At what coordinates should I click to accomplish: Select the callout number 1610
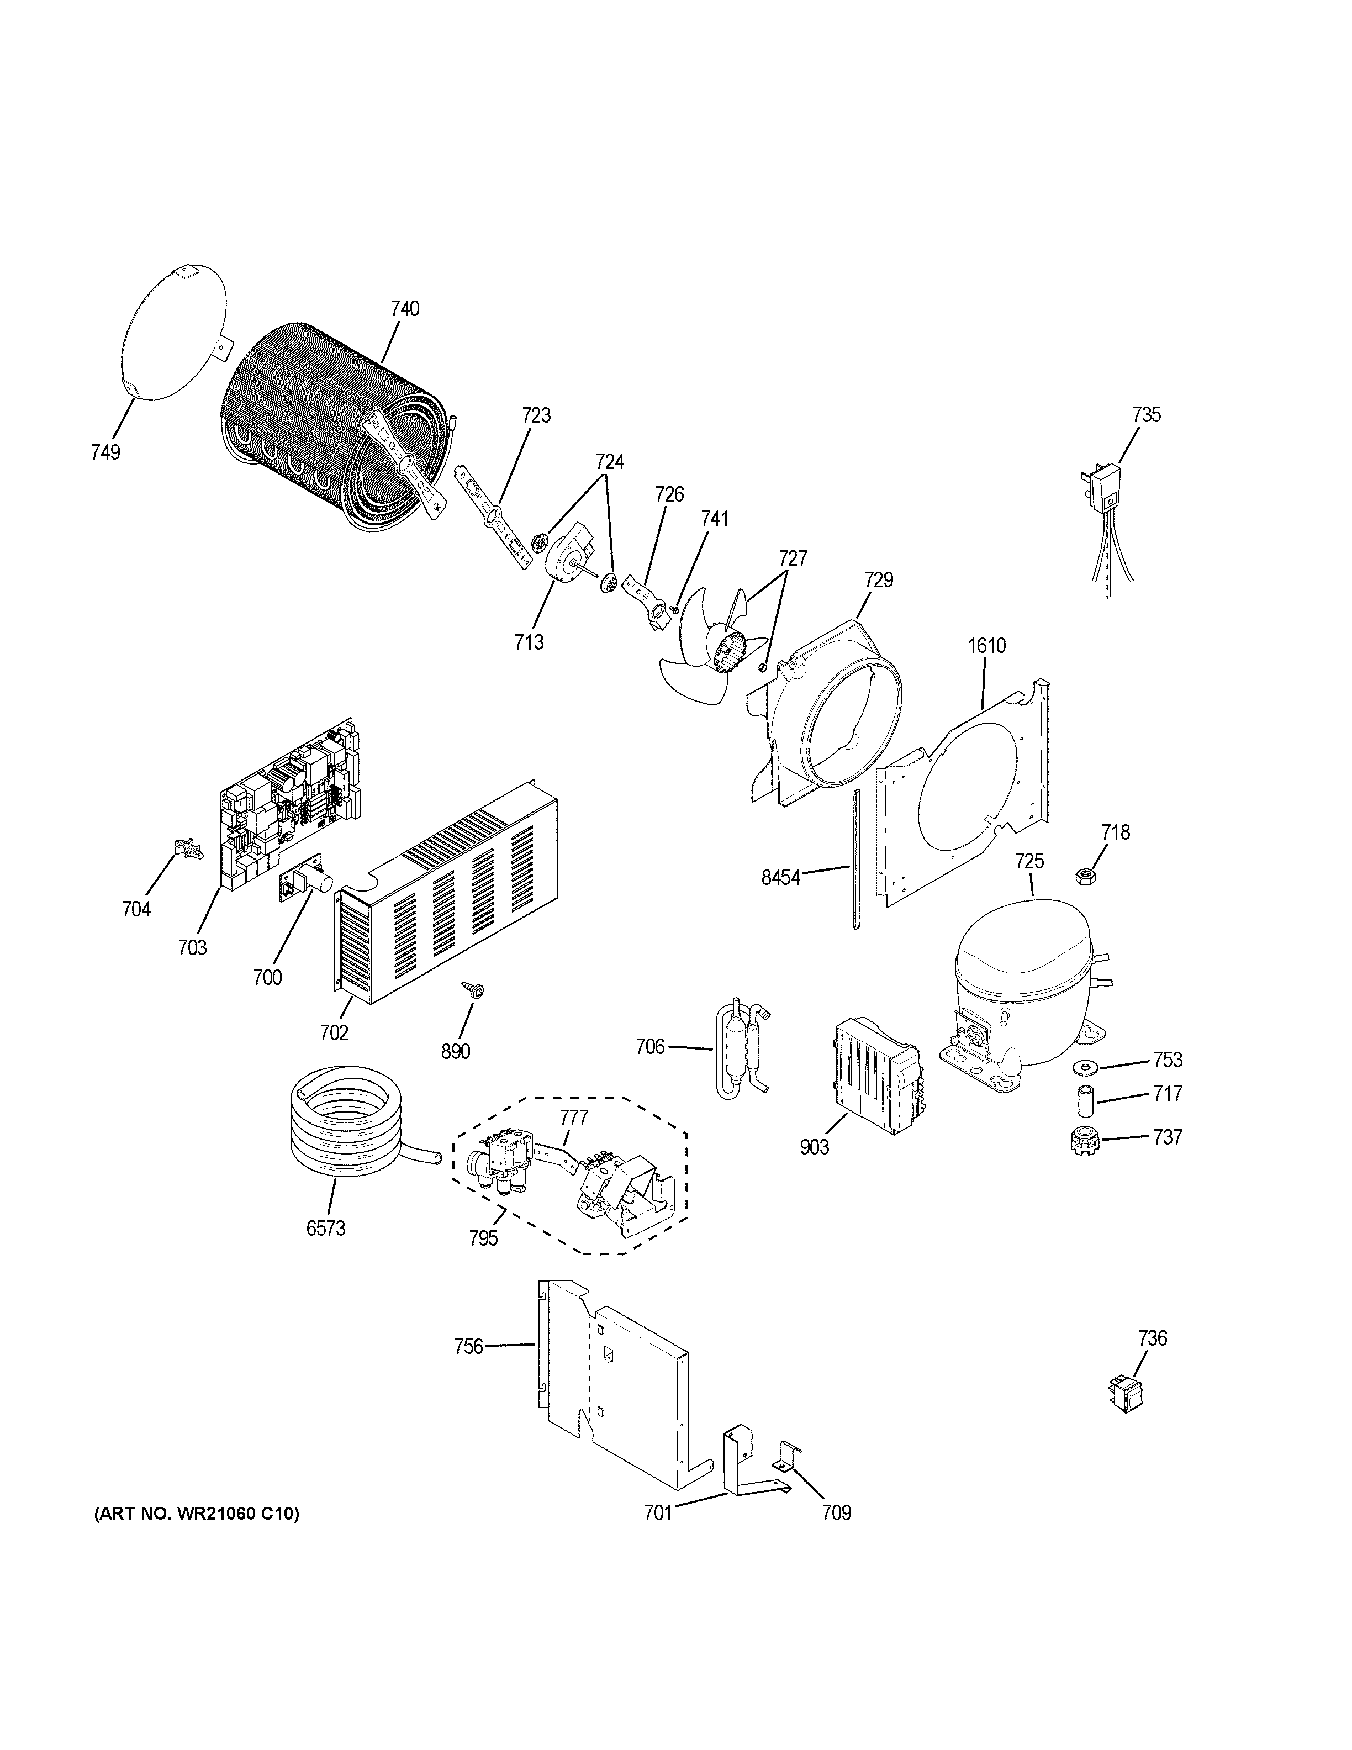pyautogui.click(x=987, y=645)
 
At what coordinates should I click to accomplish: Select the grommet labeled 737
pyautogui.click(x=1084, y=1141)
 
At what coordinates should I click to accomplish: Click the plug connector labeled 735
pyautogui.click(x=1103, y=489)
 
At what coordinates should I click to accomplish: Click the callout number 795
pyautogui.click(x=483, y=1238)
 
